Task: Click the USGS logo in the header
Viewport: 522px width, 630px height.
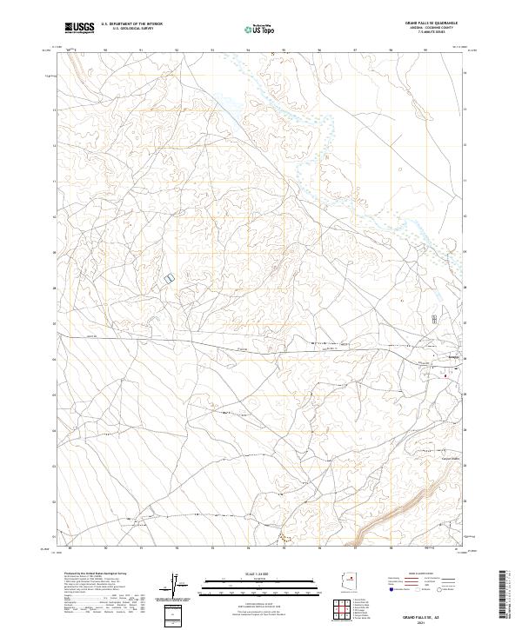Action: click(x=80, y=28)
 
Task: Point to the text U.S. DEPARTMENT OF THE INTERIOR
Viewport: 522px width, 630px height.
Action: click(x=131, y=24)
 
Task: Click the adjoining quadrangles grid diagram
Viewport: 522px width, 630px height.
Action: click(x=348, y=612)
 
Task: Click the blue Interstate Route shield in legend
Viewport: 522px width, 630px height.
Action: click(x=386, y=588)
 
